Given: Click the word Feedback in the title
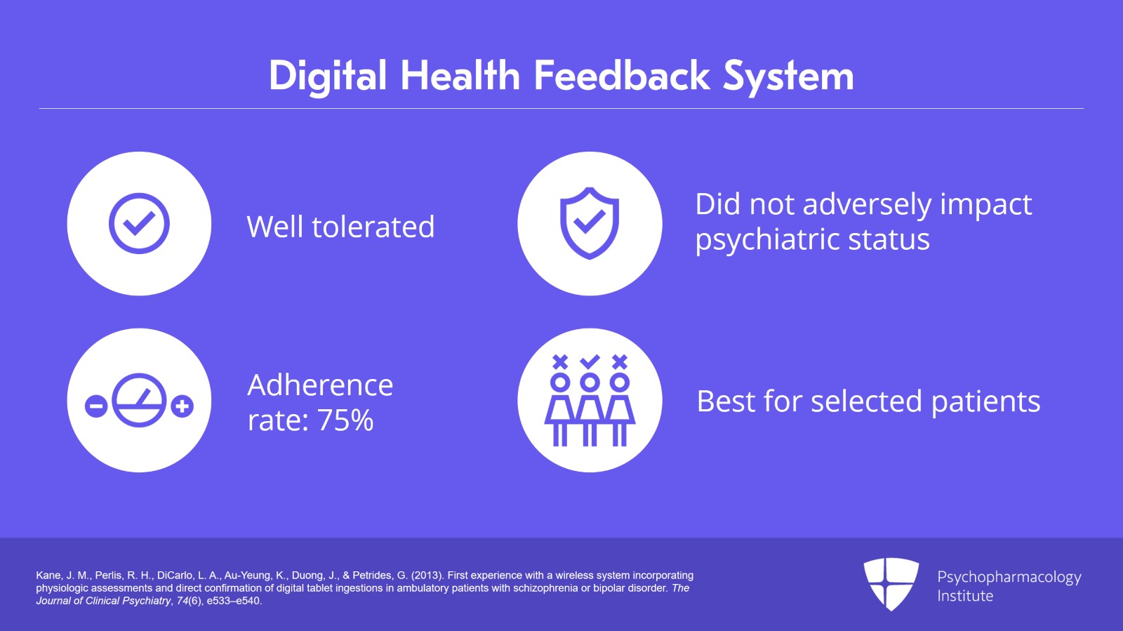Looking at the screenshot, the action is (x=622, y=76).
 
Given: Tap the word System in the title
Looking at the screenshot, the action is (x=788, y=78).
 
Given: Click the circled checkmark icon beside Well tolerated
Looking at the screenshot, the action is (x=140, y=223).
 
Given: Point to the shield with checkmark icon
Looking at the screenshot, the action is (x=590, y=223).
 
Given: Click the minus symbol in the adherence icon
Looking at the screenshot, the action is (x=96, y=406).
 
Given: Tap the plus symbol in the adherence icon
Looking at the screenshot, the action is (x=182, y=406).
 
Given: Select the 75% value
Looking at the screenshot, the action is (x=345, y=420).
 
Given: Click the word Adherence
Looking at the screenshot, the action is (x=320, y=385).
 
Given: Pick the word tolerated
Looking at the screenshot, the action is (x=373, y=227).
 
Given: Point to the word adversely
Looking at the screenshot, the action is (x=868, y=205).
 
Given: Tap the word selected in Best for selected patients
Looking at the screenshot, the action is (x=866, y=401).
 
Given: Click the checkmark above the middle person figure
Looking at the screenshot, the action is (x=590, y=361).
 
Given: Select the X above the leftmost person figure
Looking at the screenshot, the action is (x=560, y=362).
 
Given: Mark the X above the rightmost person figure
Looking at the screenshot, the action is (x=620, y=362).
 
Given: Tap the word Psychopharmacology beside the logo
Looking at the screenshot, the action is (x=1009, y=578).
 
